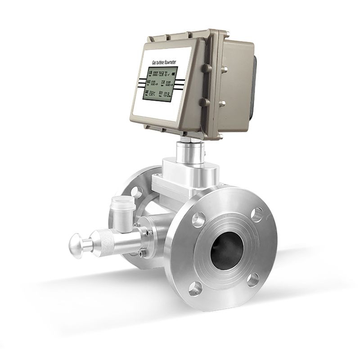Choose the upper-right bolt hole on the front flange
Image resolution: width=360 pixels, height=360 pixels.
coord(257,214)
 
